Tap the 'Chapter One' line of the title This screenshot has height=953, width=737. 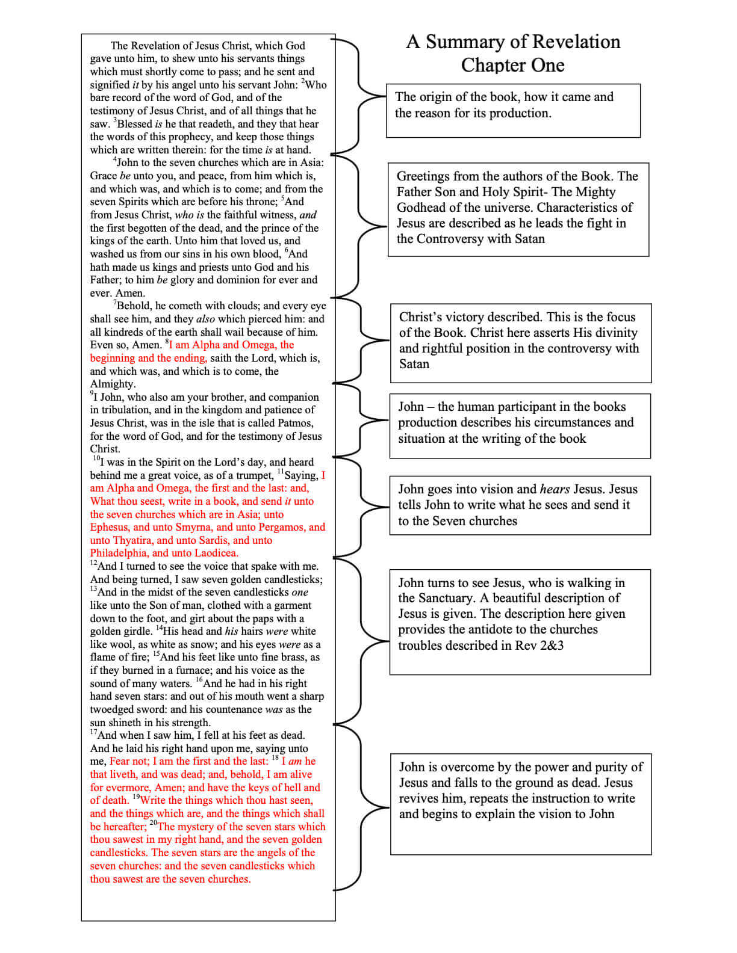click(x=512, y=65)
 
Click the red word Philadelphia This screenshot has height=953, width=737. click(x=119, y=553)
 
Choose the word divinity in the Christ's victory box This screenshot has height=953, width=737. click(x=612, y=333)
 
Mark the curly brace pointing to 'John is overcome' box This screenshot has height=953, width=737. click(x=361, y=807)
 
